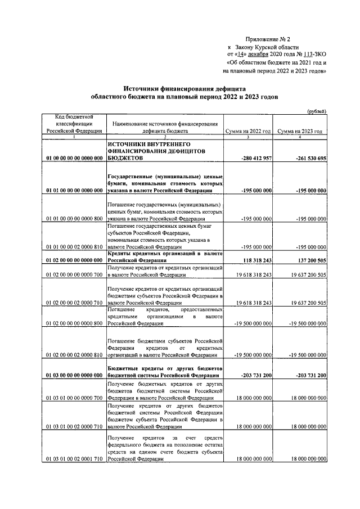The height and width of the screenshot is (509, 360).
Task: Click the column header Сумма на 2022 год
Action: tap(248, 131)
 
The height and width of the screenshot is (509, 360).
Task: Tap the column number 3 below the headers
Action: tap(248, 137)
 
